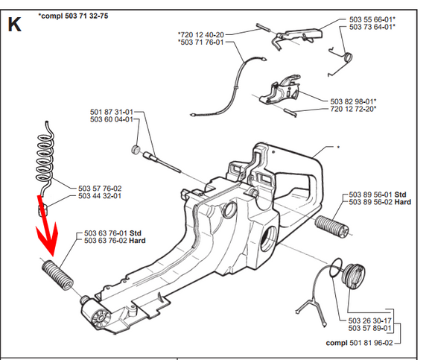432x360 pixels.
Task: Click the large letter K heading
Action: point(15,25)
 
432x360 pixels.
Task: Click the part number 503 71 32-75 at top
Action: point(86,16)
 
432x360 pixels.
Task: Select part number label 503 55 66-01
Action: point(371,19)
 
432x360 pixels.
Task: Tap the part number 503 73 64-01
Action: point(371,27)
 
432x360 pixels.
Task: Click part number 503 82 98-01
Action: point(352,101)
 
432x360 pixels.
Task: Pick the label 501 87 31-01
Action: point(112,112)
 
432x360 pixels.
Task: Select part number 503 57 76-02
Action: point(100,189)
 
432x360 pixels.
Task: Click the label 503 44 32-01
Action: point(100,196)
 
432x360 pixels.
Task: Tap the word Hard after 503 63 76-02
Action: point(137,241)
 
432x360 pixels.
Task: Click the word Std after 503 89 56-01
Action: point(400,195)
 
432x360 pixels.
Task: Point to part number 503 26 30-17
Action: point(369,320)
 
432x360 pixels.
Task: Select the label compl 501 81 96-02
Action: point(359,343)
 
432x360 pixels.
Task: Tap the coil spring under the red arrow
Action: point(57,275)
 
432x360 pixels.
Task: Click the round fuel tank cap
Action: point(353,277)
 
